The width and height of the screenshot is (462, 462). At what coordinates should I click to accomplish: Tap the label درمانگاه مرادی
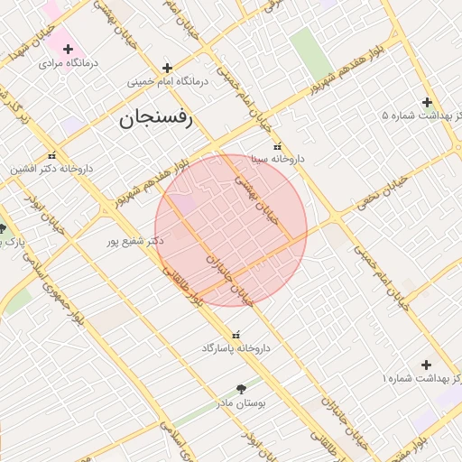tap(67, 64)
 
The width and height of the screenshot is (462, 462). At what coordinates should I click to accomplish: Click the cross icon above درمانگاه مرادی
tap(68, 48)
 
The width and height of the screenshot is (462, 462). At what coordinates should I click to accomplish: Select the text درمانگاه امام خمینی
tap(167, 81)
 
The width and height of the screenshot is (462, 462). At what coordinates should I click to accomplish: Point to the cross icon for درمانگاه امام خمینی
tap(167, 67)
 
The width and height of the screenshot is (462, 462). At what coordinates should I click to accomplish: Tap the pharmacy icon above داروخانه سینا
tap(277, 146)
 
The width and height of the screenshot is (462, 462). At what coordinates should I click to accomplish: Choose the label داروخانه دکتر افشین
tap(51, 169)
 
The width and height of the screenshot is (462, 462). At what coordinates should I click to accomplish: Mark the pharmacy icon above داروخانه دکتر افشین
tap(52, 155)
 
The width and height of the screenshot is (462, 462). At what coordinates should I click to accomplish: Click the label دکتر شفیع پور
tap(135, 241)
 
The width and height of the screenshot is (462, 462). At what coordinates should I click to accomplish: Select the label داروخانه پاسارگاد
tap(236, 347)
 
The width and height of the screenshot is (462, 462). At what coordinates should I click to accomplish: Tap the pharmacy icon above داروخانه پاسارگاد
tap(236, 334)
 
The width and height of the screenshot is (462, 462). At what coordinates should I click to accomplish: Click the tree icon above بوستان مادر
tap(240, 388)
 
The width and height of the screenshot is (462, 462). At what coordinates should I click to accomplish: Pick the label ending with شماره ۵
tap(420, 116)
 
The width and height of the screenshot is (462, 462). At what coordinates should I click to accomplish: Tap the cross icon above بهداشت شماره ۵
tap(427, 102)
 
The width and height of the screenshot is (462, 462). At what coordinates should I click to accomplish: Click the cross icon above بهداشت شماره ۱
tap(426, 365)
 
